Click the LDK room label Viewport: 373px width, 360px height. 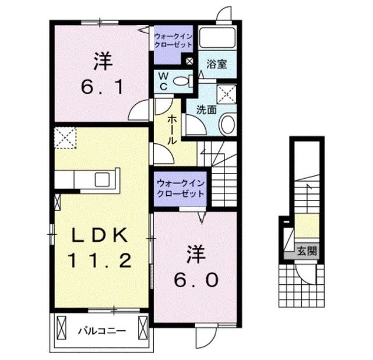point(99,235)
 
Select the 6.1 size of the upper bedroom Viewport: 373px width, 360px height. point(101,89)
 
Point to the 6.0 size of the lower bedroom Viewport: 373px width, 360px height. point(196,280)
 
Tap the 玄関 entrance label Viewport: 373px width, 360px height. point(308,251)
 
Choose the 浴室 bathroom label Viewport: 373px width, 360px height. point(217,64)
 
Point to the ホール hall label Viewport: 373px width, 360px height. point(173,129)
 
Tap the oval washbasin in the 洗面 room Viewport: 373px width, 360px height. point(228,124)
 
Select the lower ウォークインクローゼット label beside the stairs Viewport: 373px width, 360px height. point(180,189)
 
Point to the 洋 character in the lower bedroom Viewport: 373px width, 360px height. point(196,254)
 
